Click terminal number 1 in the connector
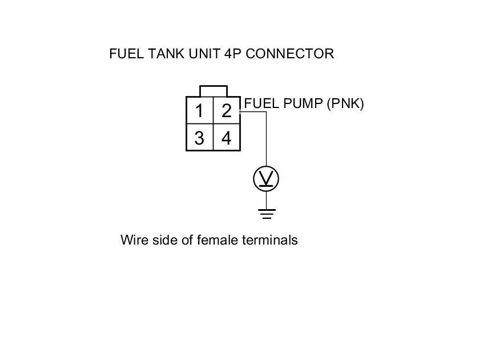click(199, 110)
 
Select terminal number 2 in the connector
click(227, 110)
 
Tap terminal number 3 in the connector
click(199, 138)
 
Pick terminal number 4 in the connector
click(227, 138)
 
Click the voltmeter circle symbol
click(266, 179)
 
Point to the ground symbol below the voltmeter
click(266, 214)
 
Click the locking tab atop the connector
click(213, 91)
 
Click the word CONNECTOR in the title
click(290, 54)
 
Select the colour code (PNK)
click(345, 103)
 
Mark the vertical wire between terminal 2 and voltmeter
click(266, 140)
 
